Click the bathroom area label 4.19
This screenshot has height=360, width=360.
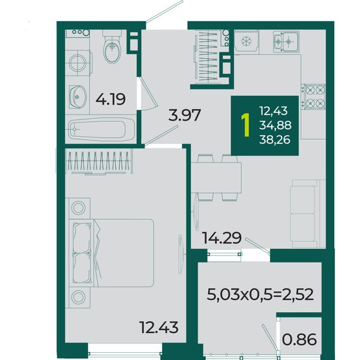click(x=110, y=99)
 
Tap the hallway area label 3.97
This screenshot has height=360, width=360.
click(x=185, y=115)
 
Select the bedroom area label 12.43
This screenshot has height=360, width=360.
click(x=159, y=327)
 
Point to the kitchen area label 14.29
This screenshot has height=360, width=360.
click(x=222, y=238)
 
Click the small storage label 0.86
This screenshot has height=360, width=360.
click(x=299, y=340)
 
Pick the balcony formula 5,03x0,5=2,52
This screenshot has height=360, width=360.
click(x=260, y=295)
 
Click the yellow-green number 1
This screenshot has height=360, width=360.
click(x=246, y=125)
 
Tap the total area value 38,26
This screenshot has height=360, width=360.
click(x=275, y=139)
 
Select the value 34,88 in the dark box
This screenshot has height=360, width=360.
click(x=275, y=125)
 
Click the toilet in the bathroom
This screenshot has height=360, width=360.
click(x=112, y=47)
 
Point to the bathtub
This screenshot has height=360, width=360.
click(x=101, y=130)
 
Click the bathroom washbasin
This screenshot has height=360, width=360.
click(x=77, y=97)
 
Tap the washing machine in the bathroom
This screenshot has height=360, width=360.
click(x=78, y=62)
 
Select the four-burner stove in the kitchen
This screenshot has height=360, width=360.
click(x=314, y=97)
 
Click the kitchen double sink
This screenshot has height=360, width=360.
click(x=286, y=42)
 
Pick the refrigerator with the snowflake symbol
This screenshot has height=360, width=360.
click(x=247, y=41)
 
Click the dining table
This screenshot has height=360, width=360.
click(x=216, y=178)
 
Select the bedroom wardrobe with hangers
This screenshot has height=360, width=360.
click(x=99, y=161)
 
